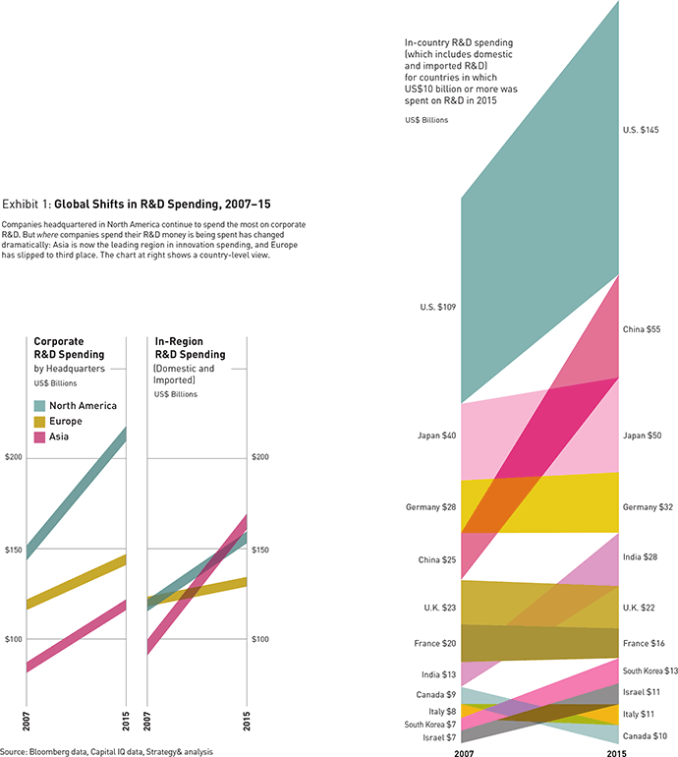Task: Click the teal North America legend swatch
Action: (40, 405)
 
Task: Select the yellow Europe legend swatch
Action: (40, 421)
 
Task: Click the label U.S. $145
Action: (641, 130)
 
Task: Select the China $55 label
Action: (642, 329)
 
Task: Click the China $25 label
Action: (436, 560)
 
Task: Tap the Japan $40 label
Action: (436, 434)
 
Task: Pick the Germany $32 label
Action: (647, 507)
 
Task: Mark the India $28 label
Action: (641, 557)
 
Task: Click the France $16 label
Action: (644, 642)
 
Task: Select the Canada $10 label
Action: (645, 735)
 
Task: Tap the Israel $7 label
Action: (438, 737)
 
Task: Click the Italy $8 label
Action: (440, 710)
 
